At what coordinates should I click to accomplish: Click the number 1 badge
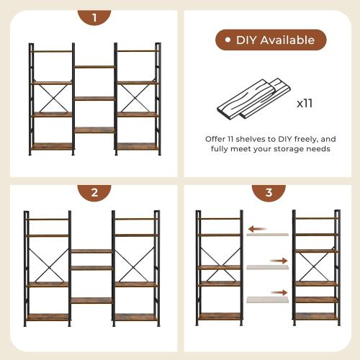coord(94,18)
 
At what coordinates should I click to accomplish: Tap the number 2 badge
coord(94,193)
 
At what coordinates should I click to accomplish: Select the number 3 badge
coord(268,193)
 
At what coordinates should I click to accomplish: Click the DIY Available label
coord(271,40)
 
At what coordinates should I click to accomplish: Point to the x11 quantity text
coord(305,103)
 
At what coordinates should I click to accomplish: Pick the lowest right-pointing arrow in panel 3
coord(278,292)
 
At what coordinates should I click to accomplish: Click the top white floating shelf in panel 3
coord(268,235)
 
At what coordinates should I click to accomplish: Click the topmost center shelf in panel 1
coord(94,67)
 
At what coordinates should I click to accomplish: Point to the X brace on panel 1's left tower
coord(51,98)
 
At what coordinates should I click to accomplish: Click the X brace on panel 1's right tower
coord(137,98)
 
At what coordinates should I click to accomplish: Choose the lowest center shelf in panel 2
coord(91,300)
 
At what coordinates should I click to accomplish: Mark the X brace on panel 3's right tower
coord(315,266)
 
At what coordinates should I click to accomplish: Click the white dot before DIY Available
coord(228,40)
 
